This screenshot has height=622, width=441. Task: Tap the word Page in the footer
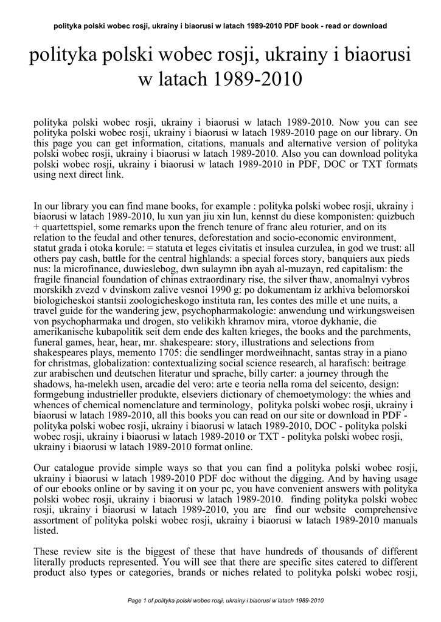pos(133,601)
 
